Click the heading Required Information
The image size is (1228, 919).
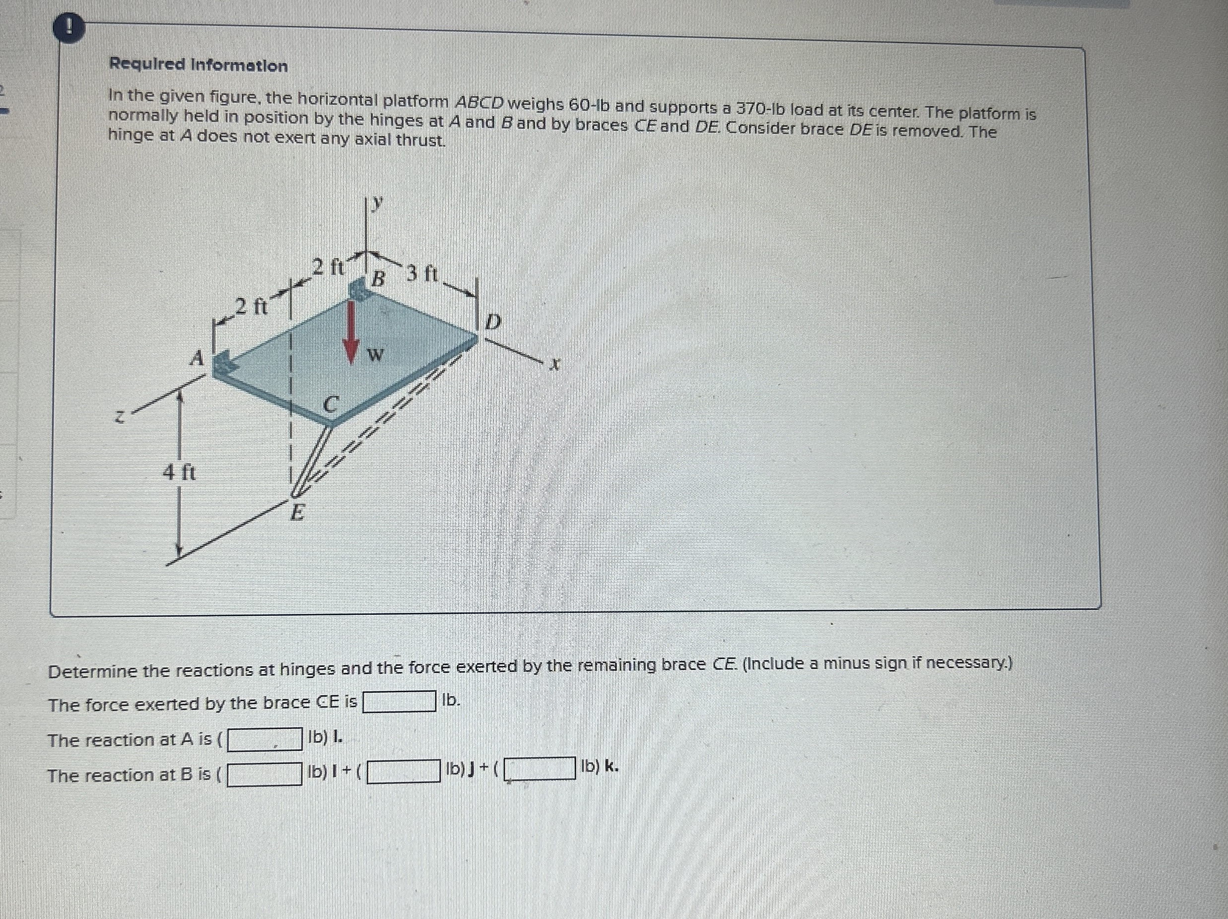tap(198, 65)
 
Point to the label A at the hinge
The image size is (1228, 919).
tap(196, 358)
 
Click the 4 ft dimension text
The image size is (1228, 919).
tap(179, 473)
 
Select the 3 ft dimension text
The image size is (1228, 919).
tap(422, 273)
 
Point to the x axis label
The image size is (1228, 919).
tap(554, 365)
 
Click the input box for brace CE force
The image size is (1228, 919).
tap(399, 702)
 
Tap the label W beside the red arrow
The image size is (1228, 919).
tap(376, 355)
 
